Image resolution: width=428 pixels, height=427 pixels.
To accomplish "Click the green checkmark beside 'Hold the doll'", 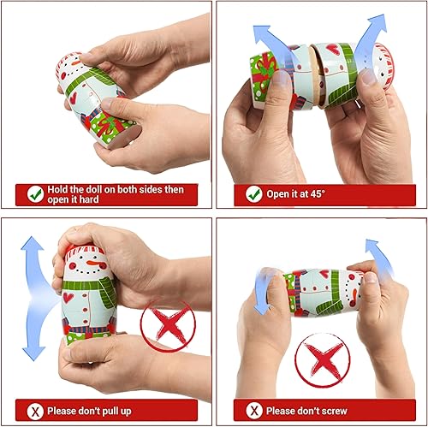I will pyautogui.click(x=35, y=194).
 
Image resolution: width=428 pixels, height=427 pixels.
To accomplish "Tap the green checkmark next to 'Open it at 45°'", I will pyautogui.click(x=253, y=194).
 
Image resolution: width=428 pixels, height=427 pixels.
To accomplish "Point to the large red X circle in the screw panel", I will pyautogui.click(x=321, y=360).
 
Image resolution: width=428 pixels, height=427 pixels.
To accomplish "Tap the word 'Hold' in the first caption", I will pyautogui.click(x=62, y=189).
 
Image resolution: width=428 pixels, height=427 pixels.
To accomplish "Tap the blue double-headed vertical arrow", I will pyautogui.click(x=33, y=298).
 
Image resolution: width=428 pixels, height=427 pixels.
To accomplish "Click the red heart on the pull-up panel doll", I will pyautogui.click(x=68, y=298).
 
